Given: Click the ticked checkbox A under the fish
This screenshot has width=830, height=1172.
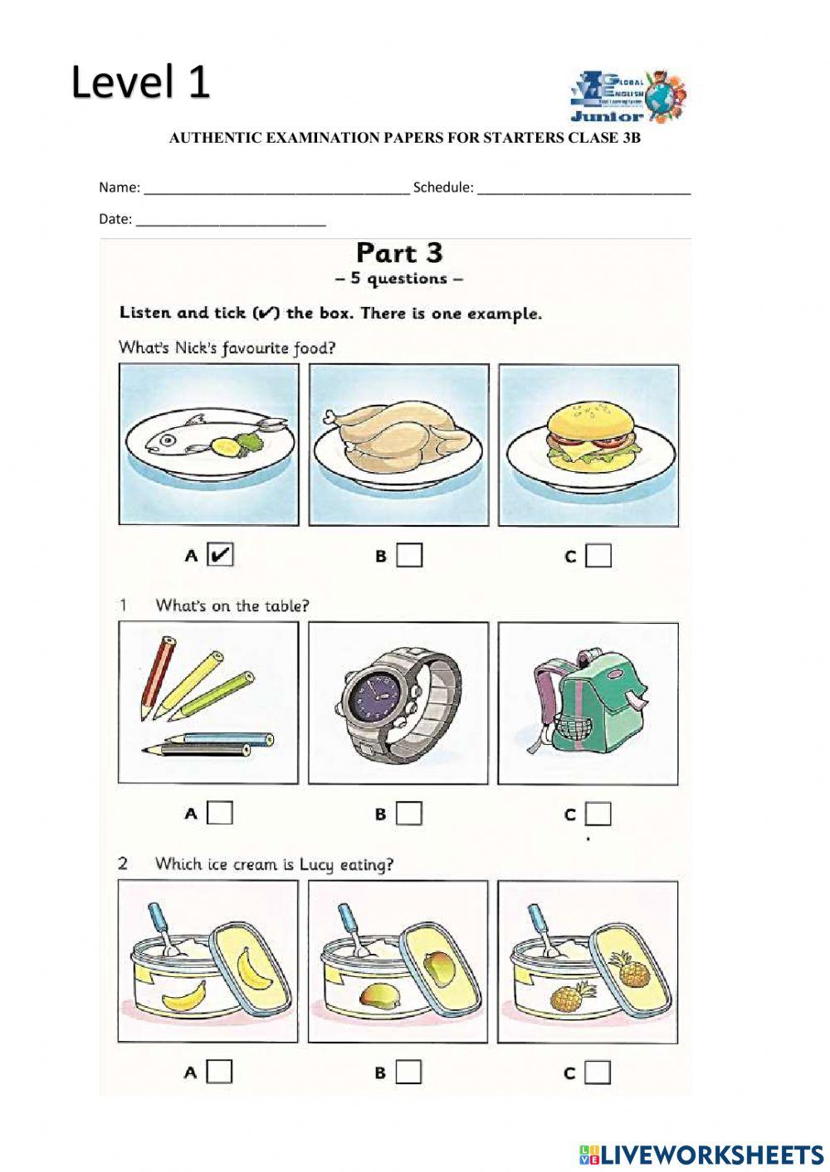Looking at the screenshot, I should [220, 555].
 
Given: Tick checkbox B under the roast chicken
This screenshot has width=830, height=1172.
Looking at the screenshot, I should [409, 555].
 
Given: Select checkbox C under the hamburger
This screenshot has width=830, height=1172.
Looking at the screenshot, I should [598, 555].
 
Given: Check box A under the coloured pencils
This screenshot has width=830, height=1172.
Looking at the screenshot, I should [220, 813].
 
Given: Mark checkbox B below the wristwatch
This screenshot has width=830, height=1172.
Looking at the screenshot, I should [409, 813].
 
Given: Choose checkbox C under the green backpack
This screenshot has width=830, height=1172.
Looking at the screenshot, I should [598, 814].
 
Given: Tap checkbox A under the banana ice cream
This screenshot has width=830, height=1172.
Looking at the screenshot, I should [219, 1072].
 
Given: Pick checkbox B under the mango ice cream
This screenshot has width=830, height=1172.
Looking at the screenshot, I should [408, 1072].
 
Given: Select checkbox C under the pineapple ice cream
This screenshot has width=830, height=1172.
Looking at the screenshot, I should [598, 1072].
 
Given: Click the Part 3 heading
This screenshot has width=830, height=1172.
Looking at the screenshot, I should [399, 252].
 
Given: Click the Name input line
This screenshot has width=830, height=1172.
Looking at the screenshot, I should [276, 188].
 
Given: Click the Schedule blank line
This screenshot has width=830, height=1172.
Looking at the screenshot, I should [584, 188].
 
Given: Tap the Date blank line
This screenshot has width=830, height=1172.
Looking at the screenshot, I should [231, 221].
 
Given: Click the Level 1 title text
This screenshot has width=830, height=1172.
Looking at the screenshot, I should [140, 82].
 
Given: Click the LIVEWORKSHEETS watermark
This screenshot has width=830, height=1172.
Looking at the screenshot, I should [701, 1154].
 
